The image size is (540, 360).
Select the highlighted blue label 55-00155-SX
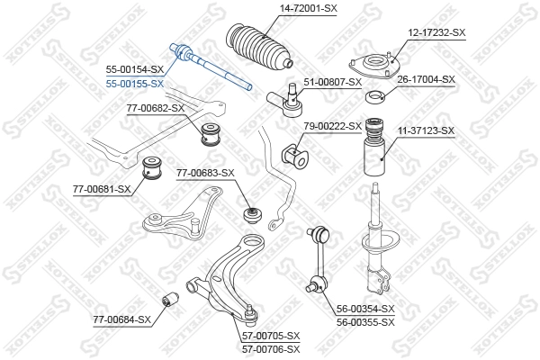click(135, 83)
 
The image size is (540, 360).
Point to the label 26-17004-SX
click(427, 79)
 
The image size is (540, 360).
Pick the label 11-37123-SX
click(426, 130)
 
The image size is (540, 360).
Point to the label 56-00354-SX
click(365, 309)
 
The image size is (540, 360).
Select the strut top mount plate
click(372, 67)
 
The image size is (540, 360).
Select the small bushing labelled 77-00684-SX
click(169, 299)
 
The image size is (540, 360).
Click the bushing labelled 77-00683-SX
click(253, 216)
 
